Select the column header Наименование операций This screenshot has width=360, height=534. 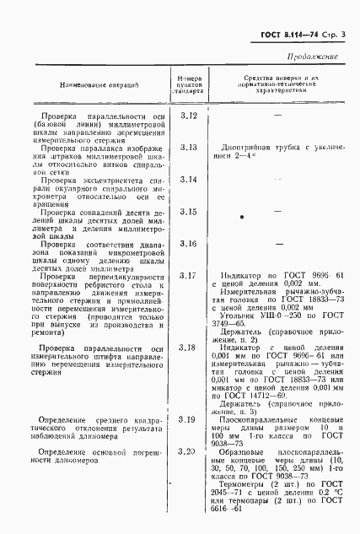coord(99,87)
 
